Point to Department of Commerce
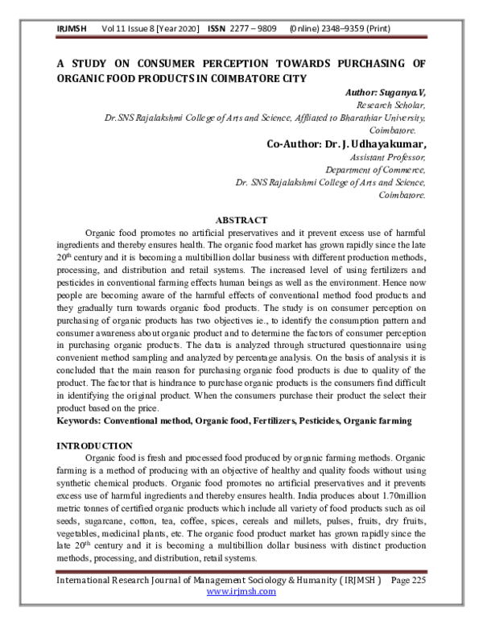tap(375, 170)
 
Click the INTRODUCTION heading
tap(93, 445)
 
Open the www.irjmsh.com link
tap(242, 591)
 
